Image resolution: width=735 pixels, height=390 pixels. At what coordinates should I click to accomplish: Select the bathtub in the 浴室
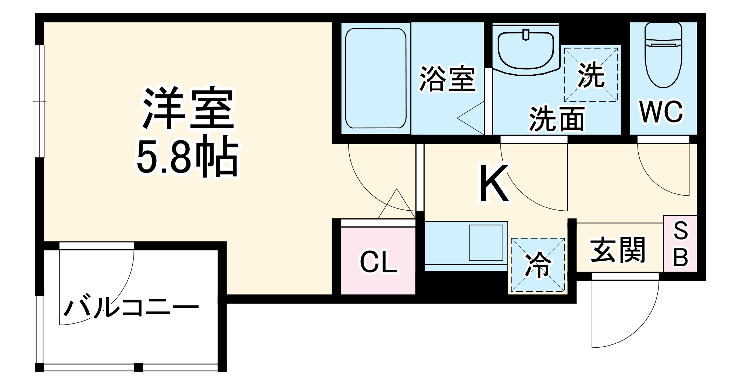tap(375, 78)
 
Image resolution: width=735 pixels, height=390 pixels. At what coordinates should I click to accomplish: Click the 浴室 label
tap(447, 79)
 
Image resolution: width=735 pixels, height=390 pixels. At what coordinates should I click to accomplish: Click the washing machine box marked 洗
tap(591, 75)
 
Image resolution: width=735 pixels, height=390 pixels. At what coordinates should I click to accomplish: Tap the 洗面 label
tap(557, 118)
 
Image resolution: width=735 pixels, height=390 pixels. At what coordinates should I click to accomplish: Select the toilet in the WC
tap(663, 55)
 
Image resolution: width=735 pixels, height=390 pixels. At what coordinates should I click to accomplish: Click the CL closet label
tap(378, 262)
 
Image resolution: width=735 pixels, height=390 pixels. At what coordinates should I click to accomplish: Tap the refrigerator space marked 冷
tap(538, 265)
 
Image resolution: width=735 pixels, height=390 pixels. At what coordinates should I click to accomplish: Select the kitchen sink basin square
tap(486, 243)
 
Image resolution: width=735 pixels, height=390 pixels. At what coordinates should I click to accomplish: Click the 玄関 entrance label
tap(618, 250)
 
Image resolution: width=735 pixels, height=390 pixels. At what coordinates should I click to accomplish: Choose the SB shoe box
tap(680, 244)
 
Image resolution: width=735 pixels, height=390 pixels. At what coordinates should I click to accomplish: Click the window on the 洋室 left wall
tap(40, 101)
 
